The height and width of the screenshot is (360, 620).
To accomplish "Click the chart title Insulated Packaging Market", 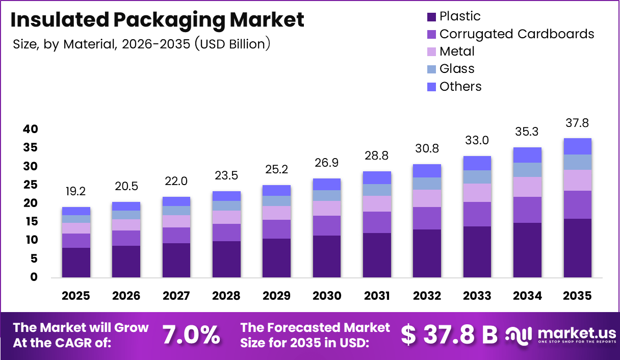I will point(157,20).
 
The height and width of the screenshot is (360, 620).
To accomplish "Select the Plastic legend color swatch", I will point(431,16).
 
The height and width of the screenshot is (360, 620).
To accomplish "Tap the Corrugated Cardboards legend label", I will point(516,34).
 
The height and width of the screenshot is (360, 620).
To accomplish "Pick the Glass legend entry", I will point(456,69).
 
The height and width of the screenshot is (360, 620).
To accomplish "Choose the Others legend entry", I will point(460,86).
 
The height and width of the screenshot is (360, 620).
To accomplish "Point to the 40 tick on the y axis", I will point(30,130).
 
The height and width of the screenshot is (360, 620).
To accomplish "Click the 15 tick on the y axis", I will point(30,222).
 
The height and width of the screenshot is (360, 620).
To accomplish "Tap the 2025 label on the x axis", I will point(76,296).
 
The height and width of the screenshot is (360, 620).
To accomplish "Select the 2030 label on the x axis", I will point(327,296).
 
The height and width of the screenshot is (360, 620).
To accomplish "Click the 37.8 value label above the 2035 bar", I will point(577,123).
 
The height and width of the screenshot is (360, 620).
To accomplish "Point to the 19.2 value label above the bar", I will point(76,192).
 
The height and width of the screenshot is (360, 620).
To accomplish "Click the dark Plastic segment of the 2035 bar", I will point(577,248).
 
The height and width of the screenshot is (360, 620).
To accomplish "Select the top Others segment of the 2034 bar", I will point(527,155).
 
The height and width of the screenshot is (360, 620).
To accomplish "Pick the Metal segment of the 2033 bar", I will point(477,193).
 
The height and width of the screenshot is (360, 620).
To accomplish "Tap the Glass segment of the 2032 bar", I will point(427,184).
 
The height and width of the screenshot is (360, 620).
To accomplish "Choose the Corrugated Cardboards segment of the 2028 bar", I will point(226,233).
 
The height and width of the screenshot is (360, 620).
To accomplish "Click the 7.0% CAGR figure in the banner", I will point(191,335).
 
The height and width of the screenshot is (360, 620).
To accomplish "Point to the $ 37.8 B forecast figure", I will point(449,335).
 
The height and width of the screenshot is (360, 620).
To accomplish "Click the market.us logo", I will point(561,335).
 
